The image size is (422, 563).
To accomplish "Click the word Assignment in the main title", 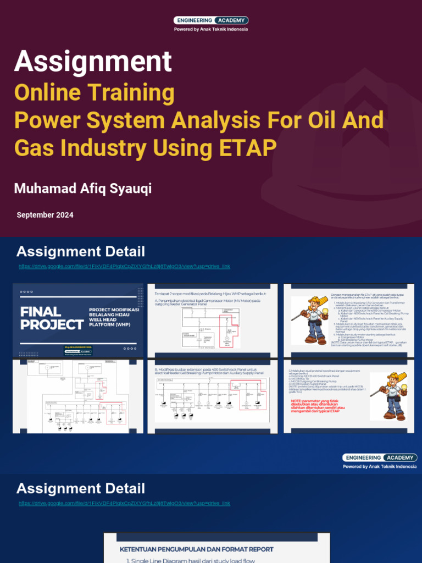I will point(93,61).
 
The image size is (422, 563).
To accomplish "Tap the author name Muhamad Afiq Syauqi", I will point(83,189).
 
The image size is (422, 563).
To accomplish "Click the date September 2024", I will point(45,215).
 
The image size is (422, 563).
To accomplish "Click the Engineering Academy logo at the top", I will point(211,20).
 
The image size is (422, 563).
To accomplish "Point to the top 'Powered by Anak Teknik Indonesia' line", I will point(211,29).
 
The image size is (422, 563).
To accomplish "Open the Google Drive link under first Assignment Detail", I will point(124,266).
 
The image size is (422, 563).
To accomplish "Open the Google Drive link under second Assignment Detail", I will point(124,503).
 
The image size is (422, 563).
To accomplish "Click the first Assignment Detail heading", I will point(81,252).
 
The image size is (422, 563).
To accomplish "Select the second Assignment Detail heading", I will point(81,488).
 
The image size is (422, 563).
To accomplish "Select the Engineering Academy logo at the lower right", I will point(379,457).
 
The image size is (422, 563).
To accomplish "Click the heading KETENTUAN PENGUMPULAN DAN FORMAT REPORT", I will point(196,549).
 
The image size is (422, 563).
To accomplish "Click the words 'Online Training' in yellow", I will point(95,92).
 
